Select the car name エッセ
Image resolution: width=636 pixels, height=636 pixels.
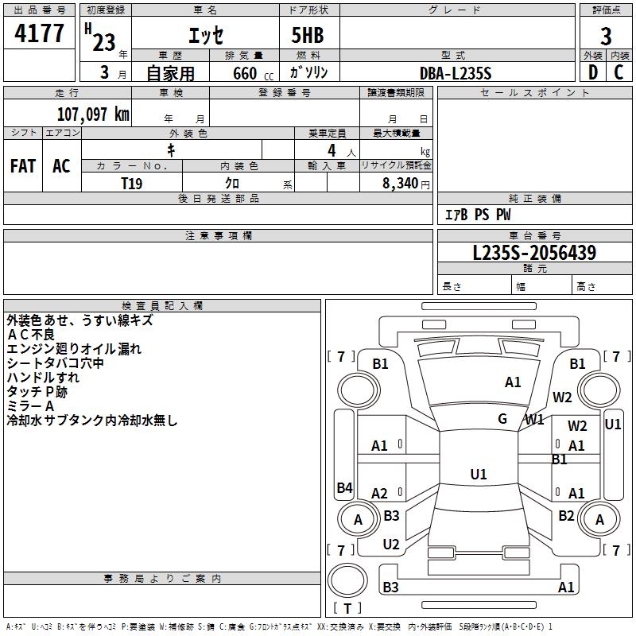(x=205, y=37)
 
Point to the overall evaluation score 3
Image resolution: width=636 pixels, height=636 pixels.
(x=606, y=37)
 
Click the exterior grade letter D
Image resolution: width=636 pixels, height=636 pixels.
(x=593, y=72)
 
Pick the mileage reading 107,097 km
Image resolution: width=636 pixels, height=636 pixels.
(x=93, y=114)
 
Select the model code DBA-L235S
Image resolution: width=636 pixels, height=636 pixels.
(x=456, y=73)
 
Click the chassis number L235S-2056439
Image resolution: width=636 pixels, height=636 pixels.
(x=534, y=253)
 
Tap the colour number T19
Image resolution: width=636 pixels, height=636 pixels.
(x=132, y=183)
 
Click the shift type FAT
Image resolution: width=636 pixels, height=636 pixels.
(x=22, y=165)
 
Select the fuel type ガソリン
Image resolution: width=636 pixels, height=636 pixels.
(x=309, y=72)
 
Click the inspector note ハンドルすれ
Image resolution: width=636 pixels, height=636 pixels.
(x=43, y=378)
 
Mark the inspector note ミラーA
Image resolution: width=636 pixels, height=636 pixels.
(x=31, y=406)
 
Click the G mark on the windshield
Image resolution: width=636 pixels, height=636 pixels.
(x=502, y=419)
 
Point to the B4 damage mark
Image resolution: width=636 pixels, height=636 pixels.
(x=344, y=488)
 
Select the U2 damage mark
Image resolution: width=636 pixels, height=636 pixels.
(x=391, y=545)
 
